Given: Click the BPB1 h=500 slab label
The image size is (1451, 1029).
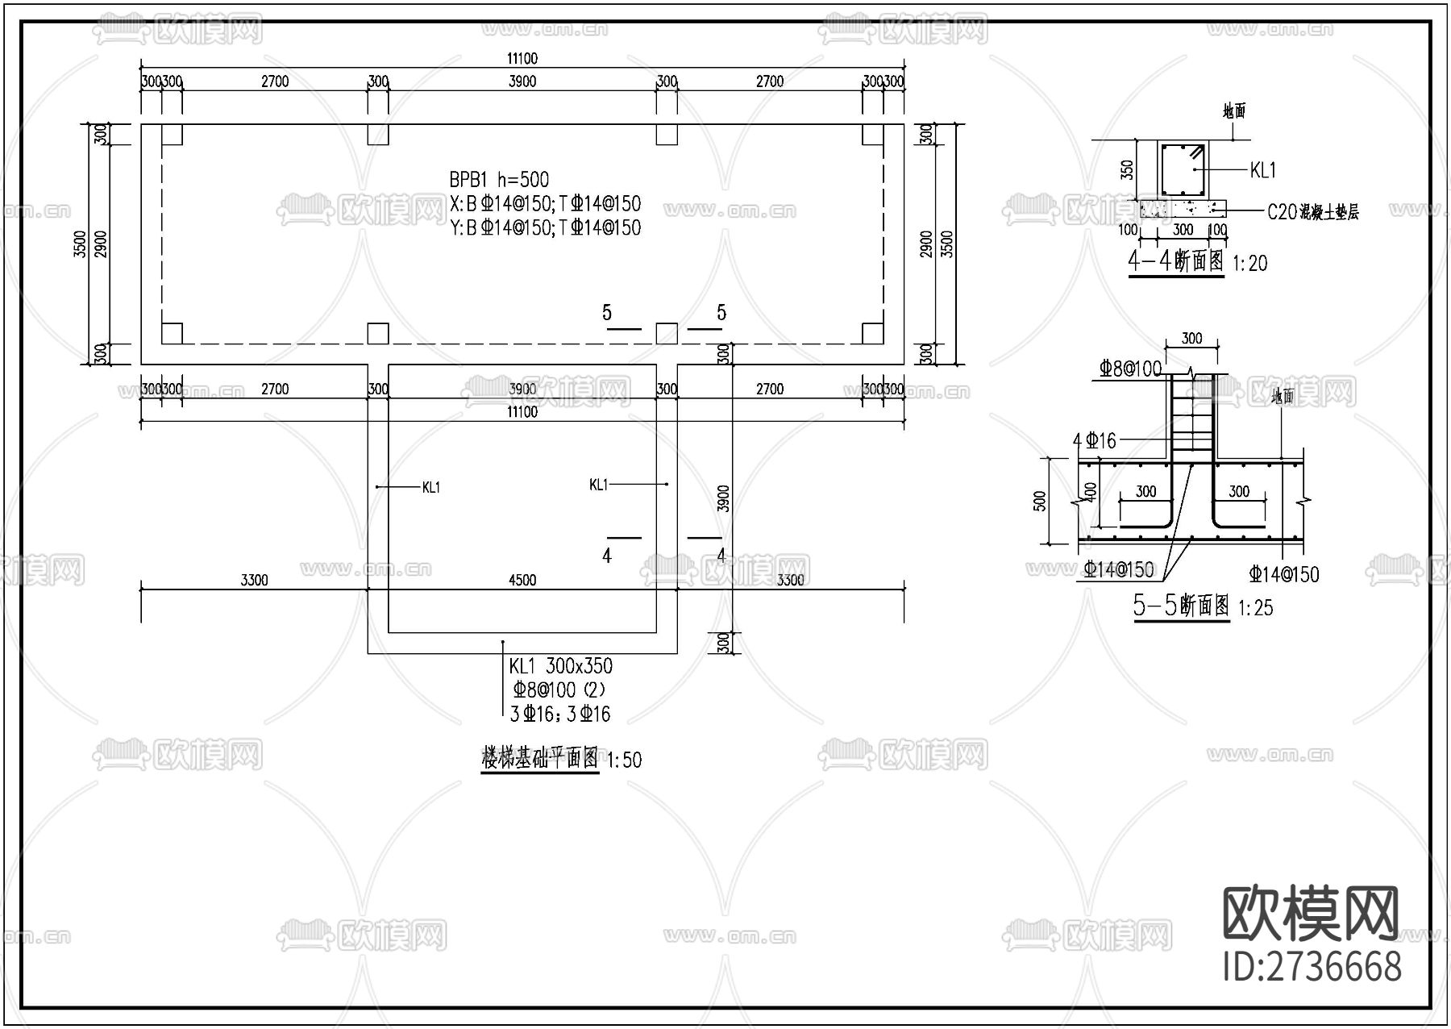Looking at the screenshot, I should (x=499, y=180).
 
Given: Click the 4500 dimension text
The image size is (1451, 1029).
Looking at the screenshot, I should (x=522, y=580).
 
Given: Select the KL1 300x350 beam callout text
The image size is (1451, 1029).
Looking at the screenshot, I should (x=560, y=666).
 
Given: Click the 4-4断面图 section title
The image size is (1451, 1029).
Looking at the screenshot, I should (x=1176, y=261).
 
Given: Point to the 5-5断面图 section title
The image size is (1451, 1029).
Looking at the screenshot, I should (x=1182, y=606).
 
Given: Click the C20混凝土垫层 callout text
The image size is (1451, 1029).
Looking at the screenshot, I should (x=1312, y=212).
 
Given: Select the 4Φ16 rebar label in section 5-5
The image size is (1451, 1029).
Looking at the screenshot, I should (x=1095, y=440).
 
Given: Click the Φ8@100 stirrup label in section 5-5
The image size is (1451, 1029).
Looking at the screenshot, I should (x=1130, y=369).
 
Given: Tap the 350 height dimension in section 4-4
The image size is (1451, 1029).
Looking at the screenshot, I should (x=1128, y=169).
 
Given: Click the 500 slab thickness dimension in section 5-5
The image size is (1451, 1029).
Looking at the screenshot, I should (x=1040, y=501).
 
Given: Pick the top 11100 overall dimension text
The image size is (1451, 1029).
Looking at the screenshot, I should (x=522, y=58).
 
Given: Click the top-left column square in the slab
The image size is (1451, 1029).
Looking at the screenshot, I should (x=172, y=135).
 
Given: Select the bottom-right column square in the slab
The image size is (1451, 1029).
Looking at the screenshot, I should (x=872, y=333).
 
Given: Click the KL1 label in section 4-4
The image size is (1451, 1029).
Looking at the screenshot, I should (x=1262, y=170).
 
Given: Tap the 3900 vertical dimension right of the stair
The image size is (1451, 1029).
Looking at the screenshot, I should (x=723, y=498).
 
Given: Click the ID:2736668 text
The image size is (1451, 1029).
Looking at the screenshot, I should (x=1312, y=966).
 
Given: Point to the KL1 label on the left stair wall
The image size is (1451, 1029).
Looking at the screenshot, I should (x=431, y=487).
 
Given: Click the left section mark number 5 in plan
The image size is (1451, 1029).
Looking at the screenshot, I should (x=607, y=313).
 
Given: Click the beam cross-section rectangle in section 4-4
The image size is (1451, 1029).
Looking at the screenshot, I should (x=1183, y=169).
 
